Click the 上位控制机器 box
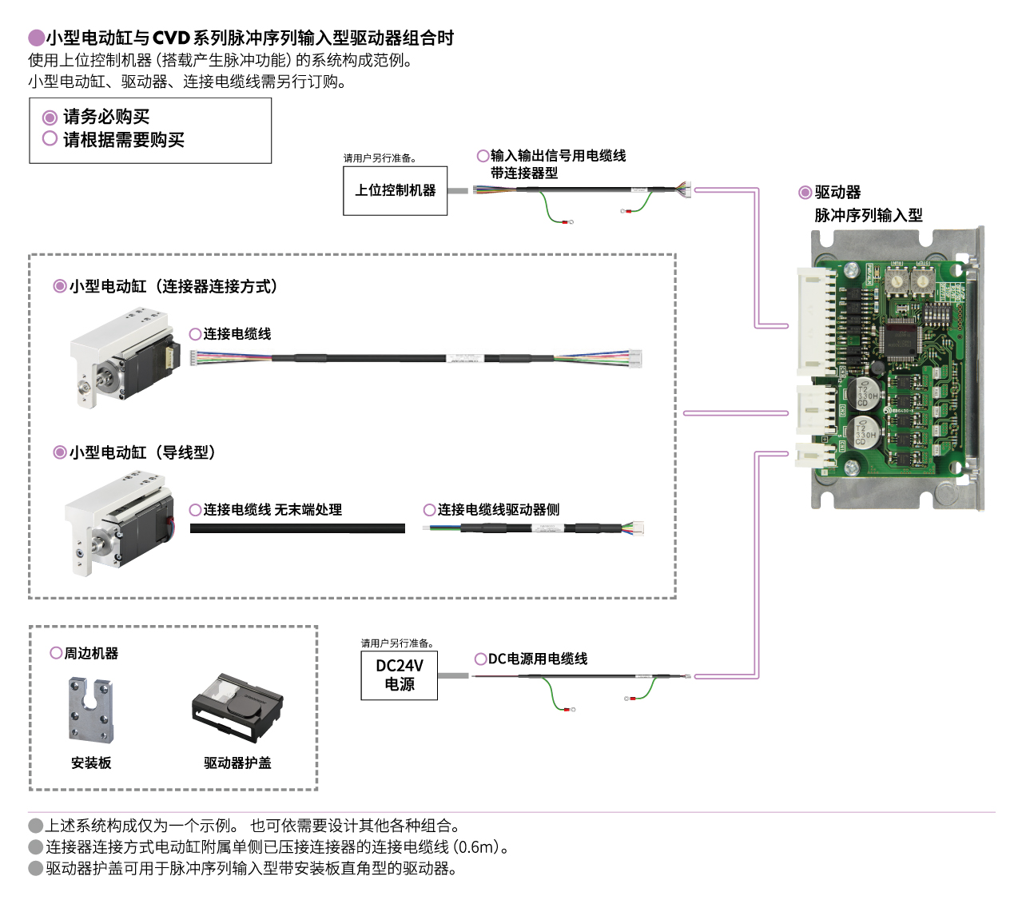395,190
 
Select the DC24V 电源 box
399,675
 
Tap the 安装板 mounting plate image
90,710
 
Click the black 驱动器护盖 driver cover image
237,708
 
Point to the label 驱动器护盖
237,763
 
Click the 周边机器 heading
91,653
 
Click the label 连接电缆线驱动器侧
498,510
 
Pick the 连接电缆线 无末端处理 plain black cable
297,528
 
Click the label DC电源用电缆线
537,659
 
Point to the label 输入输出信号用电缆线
558,156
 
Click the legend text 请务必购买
106,117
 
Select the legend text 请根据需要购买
123,140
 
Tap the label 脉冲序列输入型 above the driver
868,215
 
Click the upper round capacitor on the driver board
867,392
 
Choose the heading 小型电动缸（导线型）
142,452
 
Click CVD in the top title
171,38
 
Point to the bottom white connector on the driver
815,456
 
